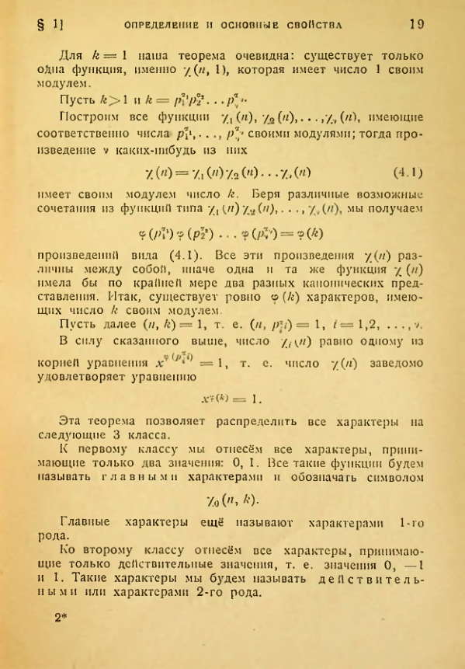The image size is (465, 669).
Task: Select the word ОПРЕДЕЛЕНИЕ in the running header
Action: (161, 25)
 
